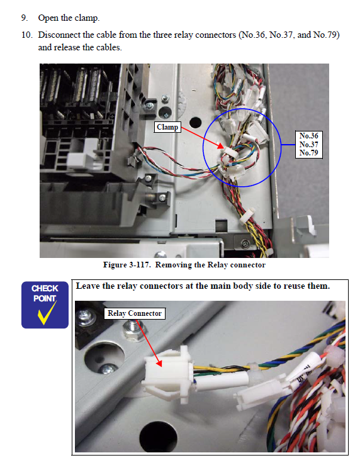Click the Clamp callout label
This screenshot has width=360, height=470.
tap(167, 127)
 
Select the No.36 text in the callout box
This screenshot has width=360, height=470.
tap(309, 136)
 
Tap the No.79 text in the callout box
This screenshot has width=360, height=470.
tap(309, 153)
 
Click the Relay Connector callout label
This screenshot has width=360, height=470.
tap(135, 313)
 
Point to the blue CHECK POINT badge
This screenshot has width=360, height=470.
tap(45, 305)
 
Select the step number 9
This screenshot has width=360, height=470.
tap(25, 18)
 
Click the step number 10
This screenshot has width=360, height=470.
tap(26, 35)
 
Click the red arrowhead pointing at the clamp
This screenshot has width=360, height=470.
tap(220, 146)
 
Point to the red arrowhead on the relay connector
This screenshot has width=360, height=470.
tap(159, 363)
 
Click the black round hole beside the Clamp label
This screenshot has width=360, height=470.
tap(195, 122)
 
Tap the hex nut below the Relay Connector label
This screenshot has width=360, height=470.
tap(134, 331)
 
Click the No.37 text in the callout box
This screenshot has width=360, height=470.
tap(309, 145)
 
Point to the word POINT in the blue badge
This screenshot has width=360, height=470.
tap(45, 298)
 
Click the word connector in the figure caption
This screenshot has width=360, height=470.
tap(247, 265)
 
